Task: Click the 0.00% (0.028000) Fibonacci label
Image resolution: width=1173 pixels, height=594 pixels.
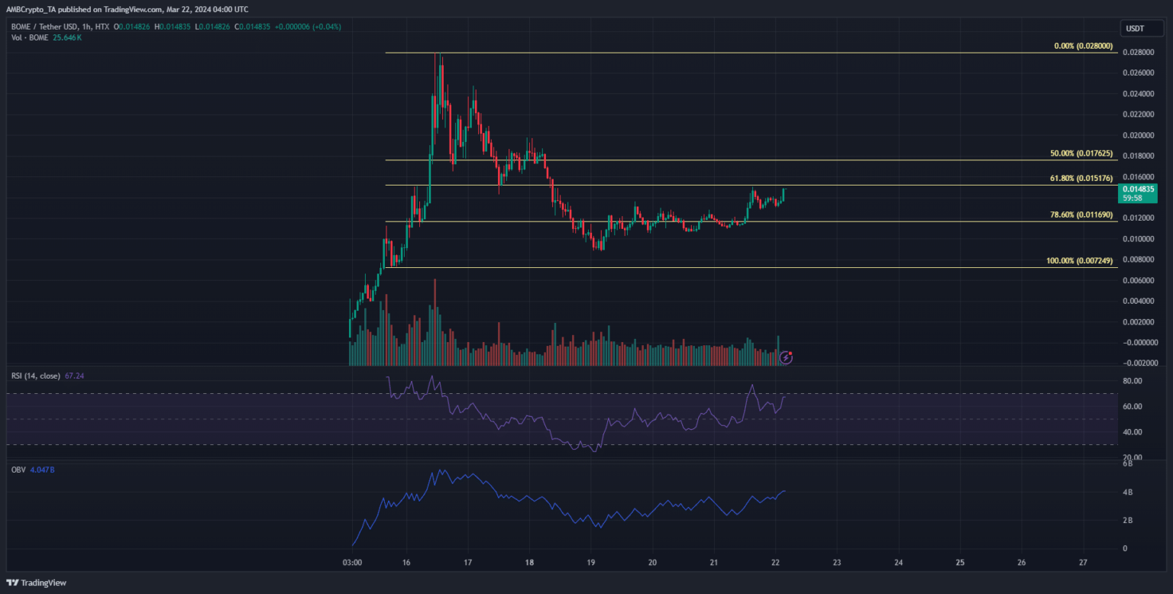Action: (1081, 47)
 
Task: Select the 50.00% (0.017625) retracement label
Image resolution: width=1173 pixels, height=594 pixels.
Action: (1081, 153)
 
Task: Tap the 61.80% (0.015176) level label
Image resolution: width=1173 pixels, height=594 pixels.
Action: (1081, 179)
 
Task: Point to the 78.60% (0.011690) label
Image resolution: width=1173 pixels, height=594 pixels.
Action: (1081, 216)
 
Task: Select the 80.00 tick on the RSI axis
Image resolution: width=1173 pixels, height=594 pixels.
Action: (1133, 381)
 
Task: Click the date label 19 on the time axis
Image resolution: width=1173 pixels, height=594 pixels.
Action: (590, 563)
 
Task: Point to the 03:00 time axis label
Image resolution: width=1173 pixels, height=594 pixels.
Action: (352, 563)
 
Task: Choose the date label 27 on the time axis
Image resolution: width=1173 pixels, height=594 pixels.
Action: (1084, 563)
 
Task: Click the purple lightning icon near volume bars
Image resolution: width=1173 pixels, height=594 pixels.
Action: (786, 357)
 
